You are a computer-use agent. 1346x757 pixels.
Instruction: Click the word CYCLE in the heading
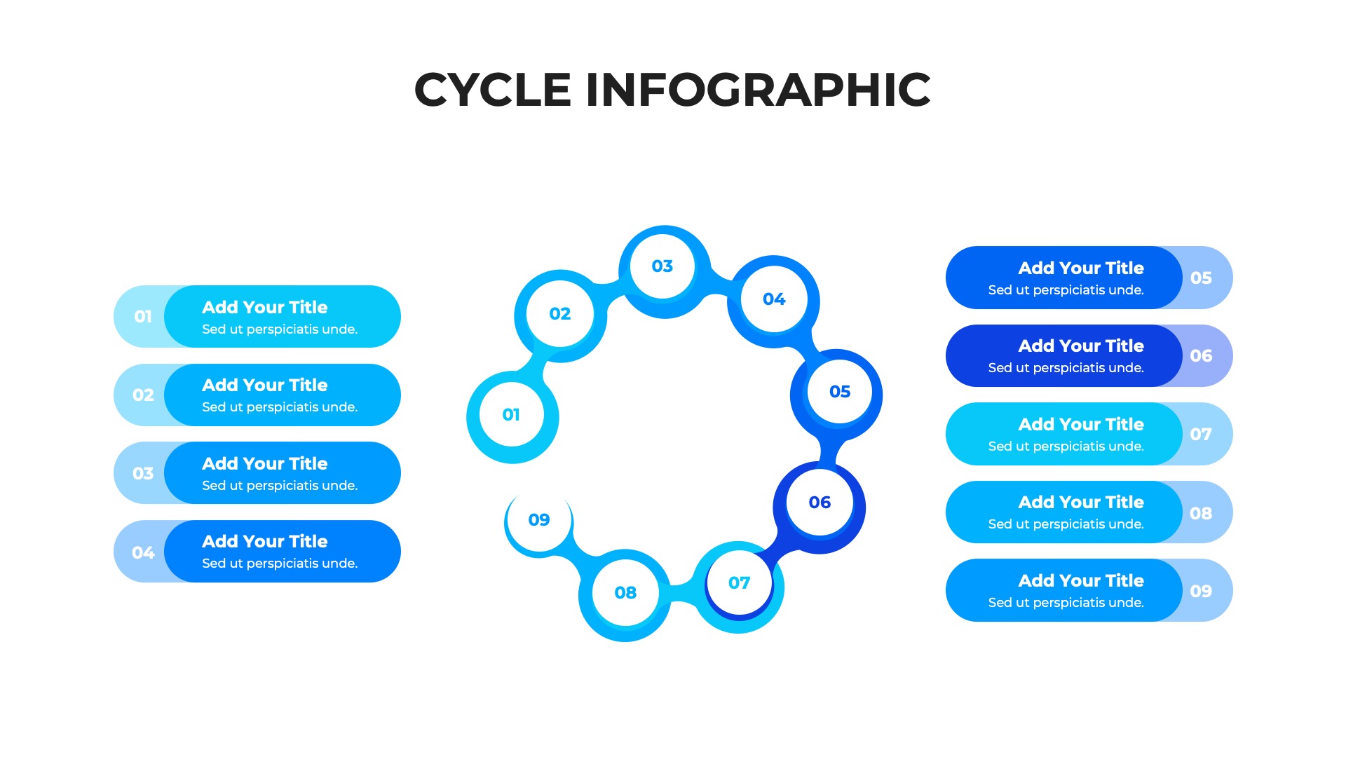coord(493,90)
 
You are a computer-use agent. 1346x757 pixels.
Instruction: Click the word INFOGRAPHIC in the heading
coord(758,90)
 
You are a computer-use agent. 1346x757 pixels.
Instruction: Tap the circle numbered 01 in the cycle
coord(512,415)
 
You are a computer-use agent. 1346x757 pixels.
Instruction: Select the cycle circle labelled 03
coord(662,267)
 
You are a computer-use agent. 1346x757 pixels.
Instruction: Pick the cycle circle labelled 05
coord(839,392)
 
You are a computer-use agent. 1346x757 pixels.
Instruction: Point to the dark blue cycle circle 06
coord(820,503)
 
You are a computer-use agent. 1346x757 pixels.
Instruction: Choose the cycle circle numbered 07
coord(739,583)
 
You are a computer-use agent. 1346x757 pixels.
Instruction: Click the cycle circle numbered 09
coord(539,520)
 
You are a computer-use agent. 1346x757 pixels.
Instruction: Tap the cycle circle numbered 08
coord(625,593)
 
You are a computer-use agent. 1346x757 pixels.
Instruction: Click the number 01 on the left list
coord(143,317)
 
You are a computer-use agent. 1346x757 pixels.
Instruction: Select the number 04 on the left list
coord(143,552)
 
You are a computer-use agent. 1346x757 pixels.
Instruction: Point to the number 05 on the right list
coord(1201,278)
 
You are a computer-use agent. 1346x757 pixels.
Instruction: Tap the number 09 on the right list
coord(1201,591)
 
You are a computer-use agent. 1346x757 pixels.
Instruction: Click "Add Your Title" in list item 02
coord(265,386)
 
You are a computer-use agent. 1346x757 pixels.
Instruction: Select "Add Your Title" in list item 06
coord(1080,346)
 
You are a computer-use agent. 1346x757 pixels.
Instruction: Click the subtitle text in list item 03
coord(280,485)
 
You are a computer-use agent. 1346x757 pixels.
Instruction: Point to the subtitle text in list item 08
coord(1066,524)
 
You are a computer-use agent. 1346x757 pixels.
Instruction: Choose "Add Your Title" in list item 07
coord(1080,425)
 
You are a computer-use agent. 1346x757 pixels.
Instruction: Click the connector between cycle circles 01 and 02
coord(533,365)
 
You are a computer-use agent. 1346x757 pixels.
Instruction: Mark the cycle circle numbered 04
coord(774,300)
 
